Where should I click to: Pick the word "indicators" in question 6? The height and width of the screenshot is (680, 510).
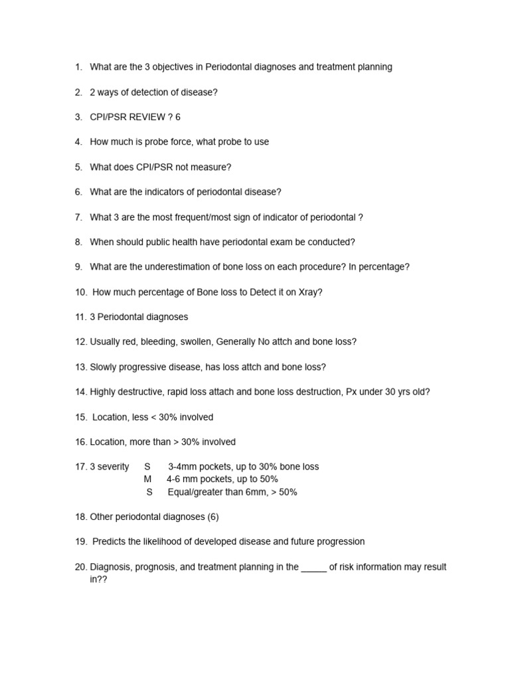coord(168,192)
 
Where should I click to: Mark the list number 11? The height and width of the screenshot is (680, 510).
coord(81,317)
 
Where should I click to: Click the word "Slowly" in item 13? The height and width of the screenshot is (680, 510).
coord(104,367)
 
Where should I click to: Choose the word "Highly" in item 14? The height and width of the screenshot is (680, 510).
coord(103,392)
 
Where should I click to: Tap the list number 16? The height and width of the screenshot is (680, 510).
coord(81,442)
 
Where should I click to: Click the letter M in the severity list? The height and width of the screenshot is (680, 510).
coord(147,479)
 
